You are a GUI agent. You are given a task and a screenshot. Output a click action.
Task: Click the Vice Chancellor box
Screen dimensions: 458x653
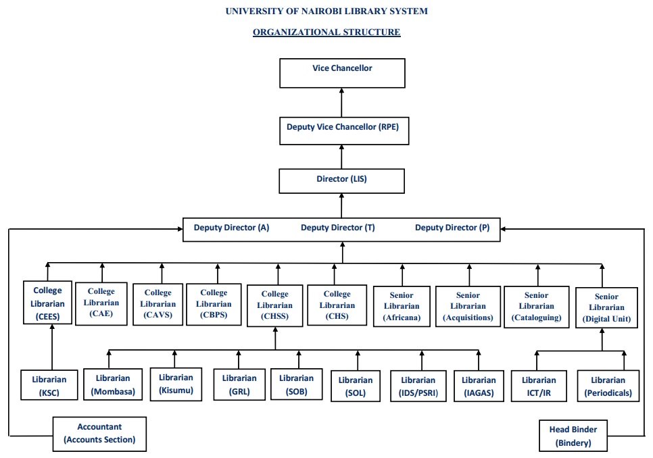tap(342, 73)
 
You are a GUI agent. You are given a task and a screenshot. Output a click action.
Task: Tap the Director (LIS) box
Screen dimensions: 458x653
tap(342, 181)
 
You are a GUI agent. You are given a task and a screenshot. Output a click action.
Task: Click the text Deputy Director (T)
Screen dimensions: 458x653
tap(337, 228)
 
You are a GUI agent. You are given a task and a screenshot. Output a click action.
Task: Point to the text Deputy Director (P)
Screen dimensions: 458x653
tap(452, 228)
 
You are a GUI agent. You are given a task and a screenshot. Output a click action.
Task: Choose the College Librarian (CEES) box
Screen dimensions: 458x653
tap(47, 302)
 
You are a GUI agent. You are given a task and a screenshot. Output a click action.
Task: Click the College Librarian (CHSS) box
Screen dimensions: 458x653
tap(274, 305)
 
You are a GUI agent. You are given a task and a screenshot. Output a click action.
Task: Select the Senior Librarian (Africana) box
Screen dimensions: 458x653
tap(402, 306)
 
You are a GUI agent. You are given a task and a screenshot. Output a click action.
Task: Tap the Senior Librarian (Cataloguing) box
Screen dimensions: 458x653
tap(536, 306)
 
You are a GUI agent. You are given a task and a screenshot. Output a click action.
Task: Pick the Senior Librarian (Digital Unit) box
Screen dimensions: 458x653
tap(606, 307)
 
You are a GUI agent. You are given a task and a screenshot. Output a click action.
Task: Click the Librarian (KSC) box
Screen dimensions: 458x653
tap(49, 386)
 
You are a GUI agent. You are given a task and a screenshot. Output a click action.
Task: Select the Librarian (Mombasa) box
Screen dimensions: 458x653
tap(113, 384)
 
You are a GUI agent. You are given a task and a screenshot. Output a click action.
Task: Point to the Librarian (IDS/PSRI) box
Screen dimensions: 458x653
tap(418, 386)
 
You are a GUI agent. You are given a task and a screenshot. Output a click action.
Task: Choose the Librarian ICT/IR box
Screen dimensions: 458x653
tap(539, 386)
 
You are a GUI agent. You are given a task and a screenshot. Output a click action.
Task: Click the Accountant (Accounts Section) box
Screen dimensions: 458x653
tap(99, 434)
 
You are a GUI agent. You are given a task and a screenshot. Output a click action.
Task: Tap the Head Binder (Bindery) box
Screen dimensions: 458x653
tap(573, 436)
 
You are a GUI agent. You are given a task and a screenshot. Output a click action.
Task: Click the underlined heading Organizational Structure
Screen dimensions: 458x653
tap(326, 32)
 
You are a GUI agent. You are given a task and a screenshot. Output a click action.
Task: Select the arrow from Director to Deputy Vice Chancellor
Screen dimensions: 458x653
tap(342, 157)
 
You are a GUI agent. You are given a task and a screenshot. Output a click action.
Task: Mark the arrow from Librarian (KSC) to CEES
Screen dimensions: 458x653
tap(53, 347)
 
